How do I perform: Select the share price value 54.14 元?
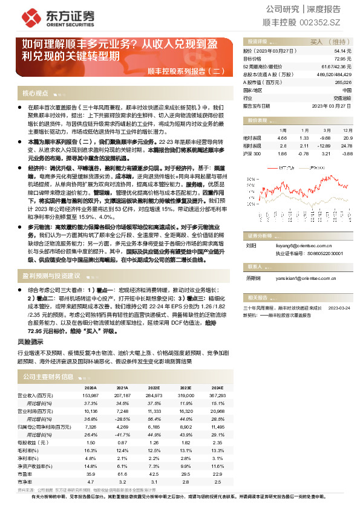coord(343,51)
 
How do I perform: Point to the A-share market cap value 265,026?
coord(342,82)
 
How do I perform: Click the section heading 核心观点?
coord(35,93)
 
